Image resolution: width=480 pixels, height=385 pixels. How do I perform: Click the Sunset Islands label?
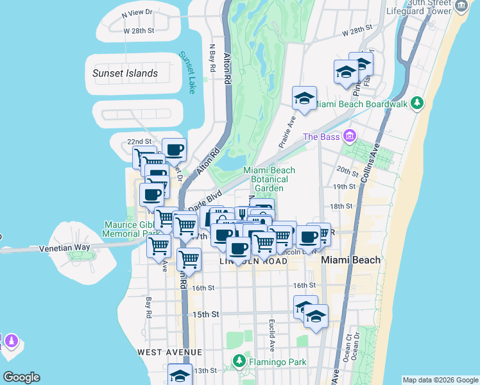(124, 73)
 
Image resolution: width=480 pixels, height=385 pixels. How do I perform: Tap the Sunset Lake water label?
(187, 73)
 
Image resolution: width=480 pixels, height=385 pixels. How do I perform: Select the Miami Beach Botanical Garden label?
(269, 179)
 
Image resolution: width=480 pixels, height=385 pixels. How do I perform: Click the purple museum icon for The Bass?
(350, 136)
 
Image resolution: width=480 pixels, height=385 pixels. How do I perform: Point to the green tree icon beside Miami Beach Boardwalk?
(418, 103)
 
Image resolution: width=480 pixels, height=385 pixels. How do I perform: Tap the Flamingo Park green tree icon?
(239, 361)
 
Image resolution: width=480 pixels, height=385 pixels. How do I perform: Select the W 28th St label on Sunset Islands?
(139, 30)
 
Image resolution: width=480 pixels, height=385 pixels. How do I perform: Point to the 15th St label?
(206, 314)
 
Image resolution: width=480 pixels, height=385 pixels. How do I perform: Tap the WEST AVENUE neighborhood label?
(169, 352)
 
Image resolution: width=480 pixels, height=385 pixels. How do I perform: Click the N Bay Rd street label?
(212, 58)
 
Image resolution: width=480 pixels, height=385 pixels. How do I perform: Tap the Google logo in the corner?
(21, 377)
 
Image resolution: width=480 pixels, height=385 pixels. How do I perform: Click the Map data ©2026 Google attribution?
(440, 380)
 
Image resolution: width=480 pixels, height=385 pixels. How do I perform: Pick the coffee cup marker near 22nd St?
(174, 150)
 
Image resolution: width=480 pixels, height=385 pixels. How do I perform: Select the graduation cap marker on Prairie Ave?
(304, 98)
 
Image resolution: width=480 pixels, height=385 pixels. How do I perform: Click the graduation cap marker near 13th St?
(180, 375)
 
